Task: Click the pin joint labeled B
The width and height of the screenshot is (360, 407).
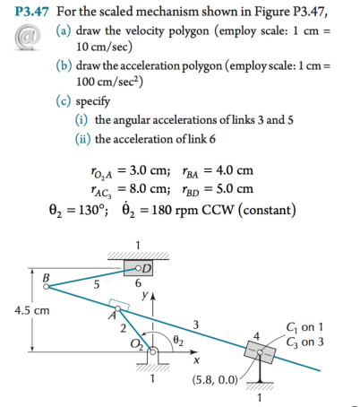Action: pos(47,288)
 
